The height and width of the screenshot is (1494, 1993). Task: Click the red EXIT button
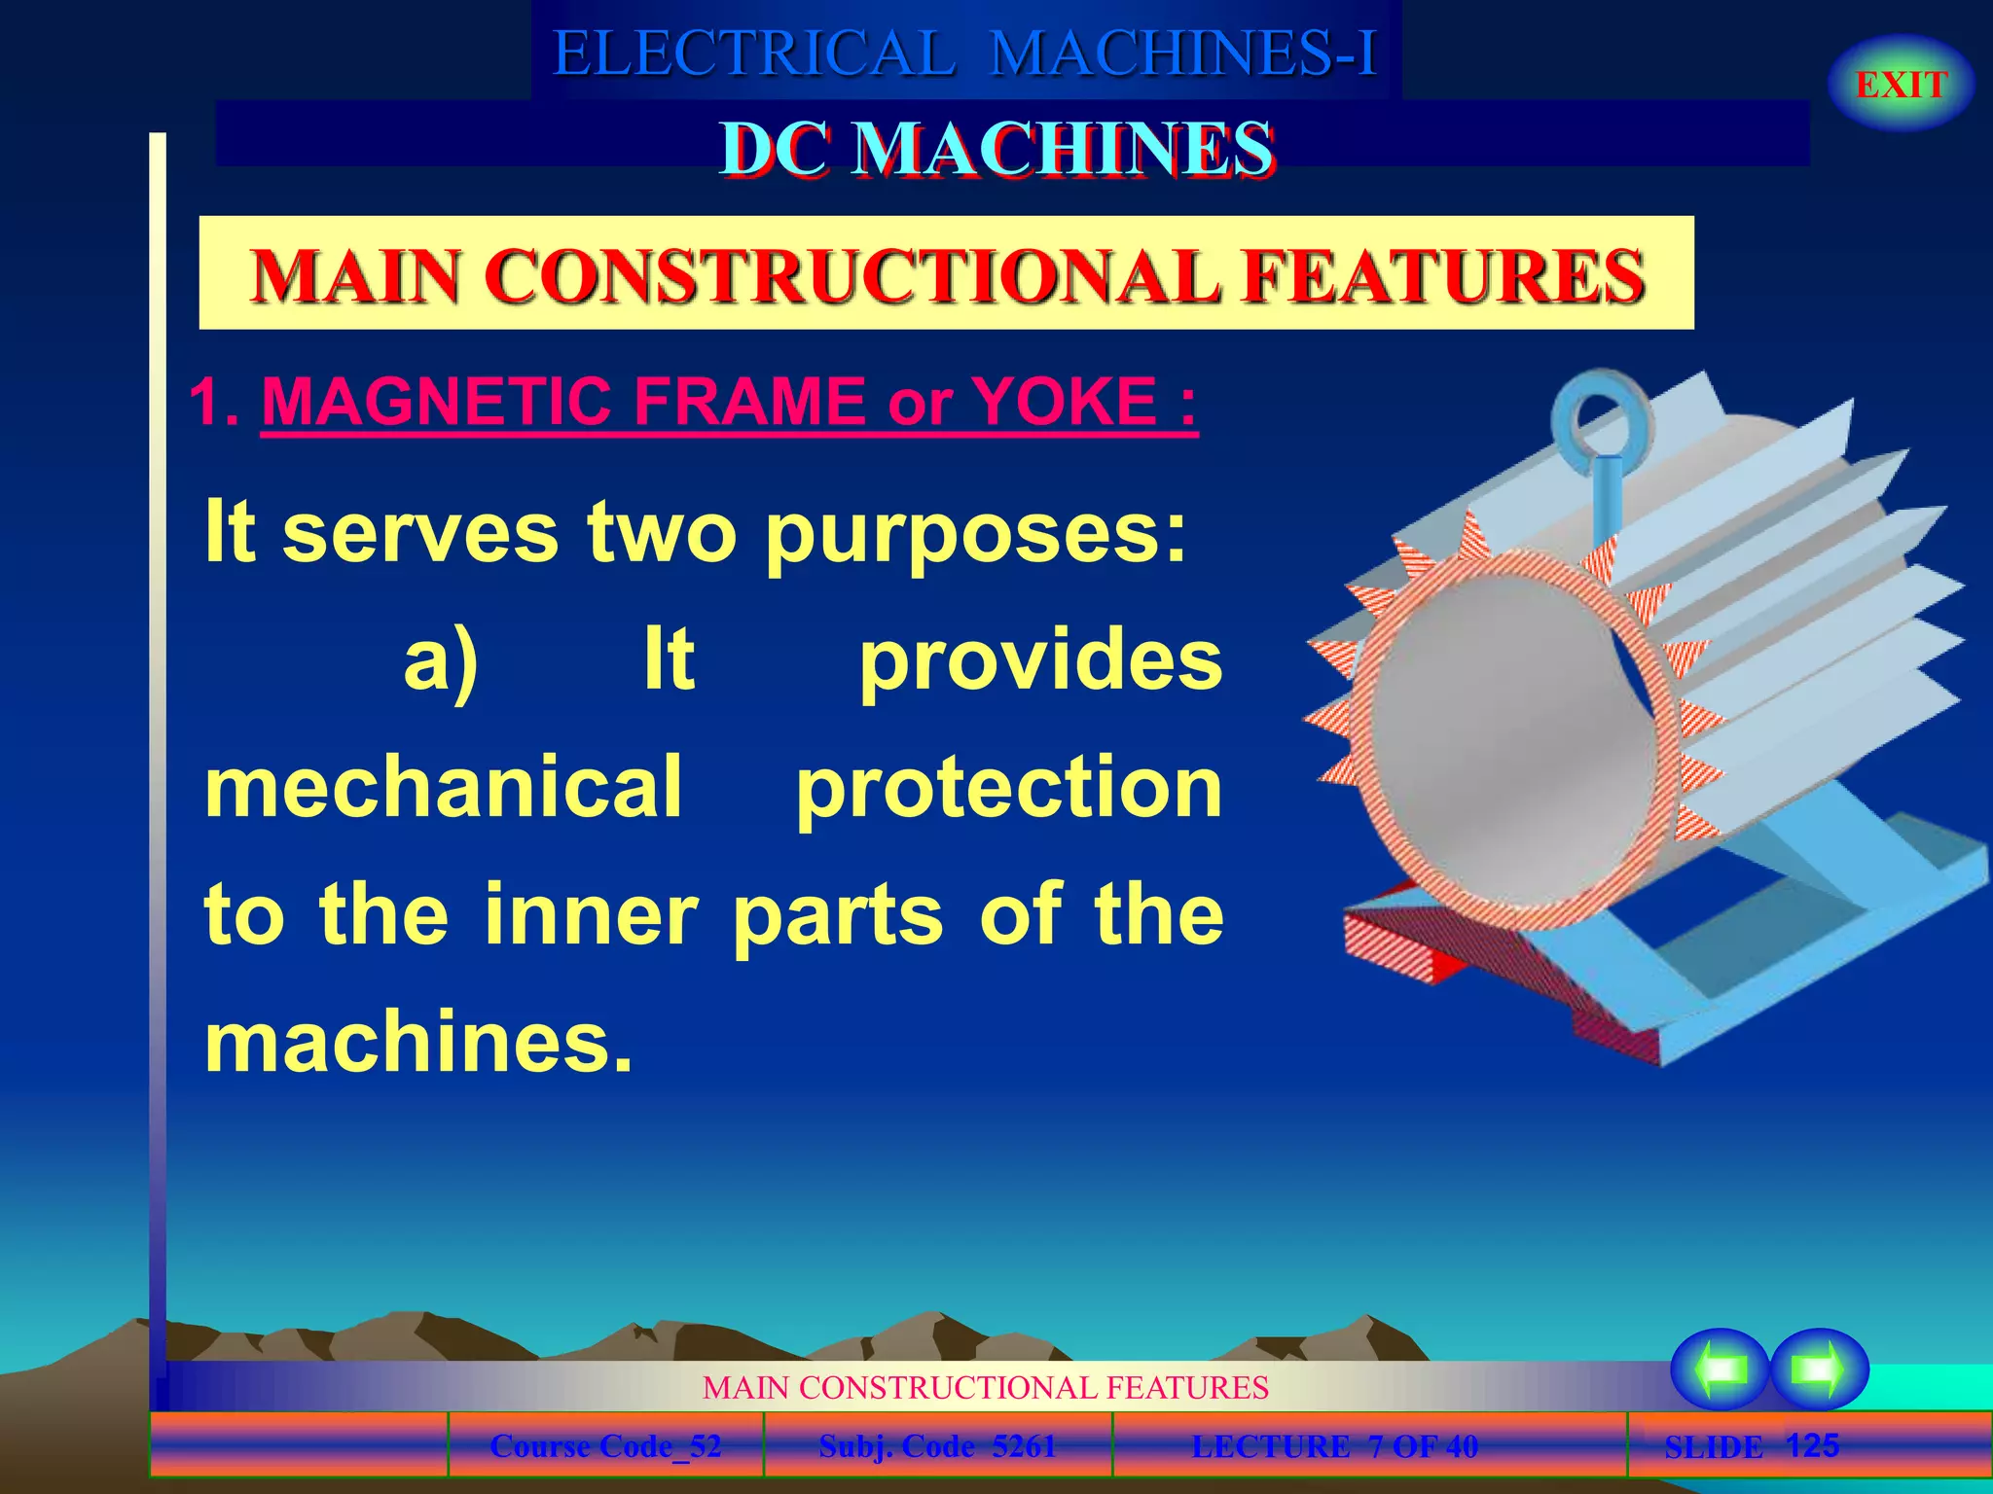pos(1901,85)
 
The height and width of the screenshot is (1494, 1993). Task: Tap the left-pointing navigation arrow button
pos(1720,1369)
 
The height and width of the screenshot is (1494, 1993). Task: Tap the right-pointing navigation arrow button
pos(1819,1369)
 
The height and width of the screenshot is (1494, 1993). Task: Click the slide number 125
pos(1812,1445)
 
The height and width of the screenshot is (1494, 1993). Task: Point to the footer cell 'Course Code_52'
pos(605,1446)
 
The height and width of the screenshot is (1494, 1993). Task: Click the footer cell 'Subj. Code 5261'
pos(937,1446)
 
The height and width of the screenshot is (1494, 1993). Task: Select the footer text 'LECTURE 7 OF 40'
pos(1334,1446)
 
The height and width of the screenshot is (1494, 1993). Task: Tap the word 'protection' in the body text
pos(1009,788)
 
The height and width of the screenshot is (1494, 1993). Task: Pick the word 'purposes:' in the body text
pos(976,533)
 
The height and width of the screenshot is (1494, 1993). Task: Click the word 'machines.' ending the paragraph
pos(418,1043)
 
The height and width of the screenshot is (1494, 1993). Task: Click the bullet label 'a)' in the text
pos(441,661)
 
